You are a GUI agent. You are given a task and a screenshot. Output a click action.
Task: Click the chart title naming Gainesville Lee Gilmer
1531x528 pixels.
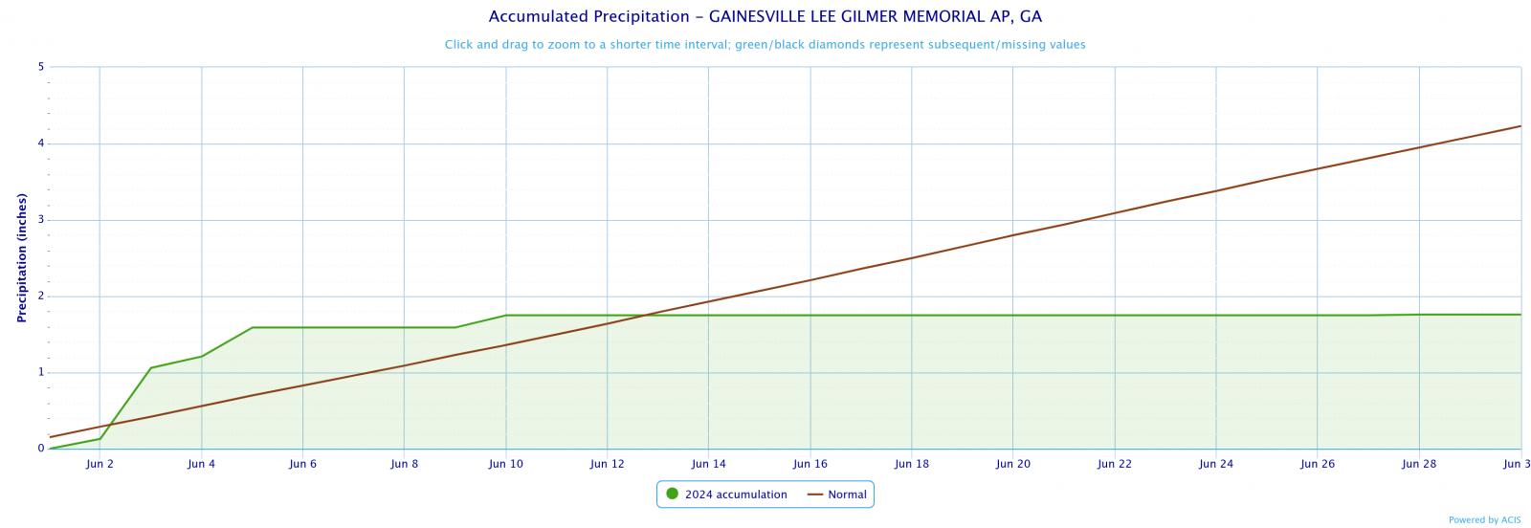[x=765, y=17]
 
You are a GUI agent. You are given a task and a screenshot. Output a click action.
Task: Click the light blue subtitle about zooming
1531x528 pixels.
[x=765, y=45]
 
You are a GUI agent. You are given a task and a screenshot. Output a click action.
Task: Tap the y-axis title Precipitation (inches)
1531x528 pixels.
[x=21, y=257]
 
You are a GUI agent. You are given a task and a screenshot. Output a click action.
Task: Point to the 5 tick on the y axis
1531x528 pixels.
[x=41, y=67]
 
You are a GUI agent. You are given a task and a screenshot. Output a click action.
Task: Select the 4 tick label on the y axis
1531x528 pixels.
[x=41, y=143]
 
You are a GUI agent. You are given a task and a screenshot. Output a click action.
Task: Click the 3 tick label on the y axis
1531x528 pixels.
[x=41, y=220]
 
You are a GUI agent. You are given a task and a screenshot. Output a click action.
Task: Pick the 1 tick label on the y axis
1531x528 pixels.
[x=41, y=372]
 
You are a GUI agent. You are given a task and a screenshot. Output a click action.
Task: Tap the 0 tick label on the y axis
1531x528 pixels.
[x=41, y=449]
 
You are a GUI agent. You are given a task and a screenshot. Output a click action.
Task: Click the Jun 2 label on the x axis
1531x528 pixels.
[x=100, y=465]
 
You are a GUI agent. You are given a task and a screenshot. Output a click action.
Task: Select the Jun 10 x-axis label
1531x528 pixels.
[x=505, y=465]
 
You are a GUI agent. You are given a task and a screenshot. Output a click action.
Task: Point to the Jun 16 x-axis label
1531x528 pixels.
[x=810, y=465]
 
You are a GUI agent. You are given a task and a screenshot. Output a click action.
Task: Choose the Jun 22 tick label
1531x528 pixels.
[x=1114, y=465]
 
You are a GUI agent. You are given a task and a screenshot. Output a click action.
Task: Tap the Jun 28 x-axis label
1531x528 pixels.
[x=1418, y=465]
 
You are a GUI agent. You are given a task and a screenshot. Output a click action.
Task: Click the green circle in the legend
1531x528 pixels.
[x=672, y=495]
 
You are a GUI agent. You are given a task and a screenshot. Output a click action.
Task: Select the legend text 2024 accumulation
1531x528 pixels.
[x=735, y=495]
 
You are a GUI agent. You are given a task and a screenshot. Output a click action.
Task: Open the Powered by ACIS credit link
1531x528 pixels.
[x=1484, y=520]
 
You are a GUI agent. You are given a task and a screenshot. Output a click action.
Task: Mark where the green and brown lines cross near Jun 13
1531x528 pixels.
[x=647, y=316]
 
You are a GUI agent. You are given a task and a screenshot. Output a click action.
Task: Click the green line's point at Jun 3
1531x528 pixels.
[x=150, y=368]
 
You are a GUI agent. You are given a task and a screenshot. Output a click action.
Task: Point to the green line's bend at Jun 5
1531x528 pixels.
[x=252, y=328]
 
